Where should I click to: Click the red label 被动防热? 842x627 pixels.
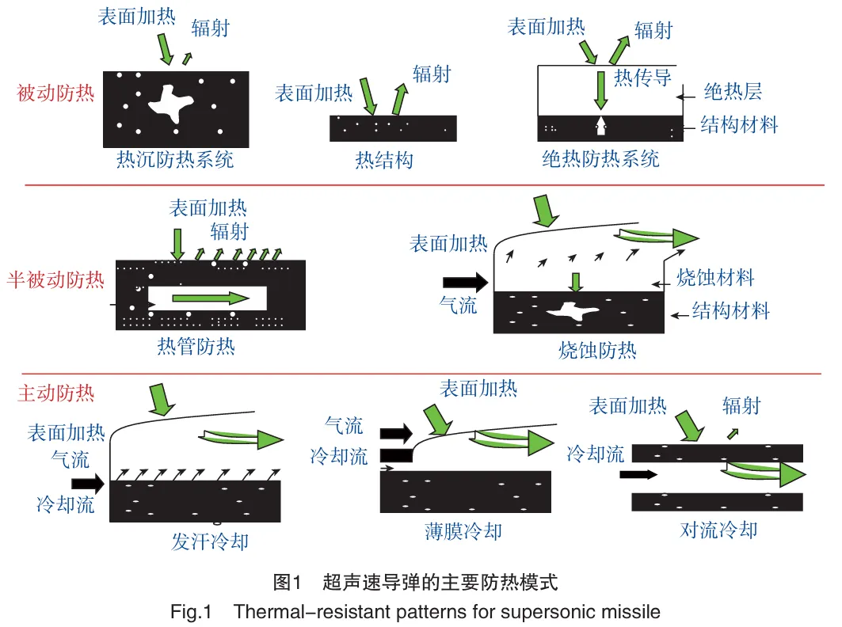tap(56, 93)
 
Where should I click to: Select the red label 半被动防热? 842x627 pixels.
tap(56, 279)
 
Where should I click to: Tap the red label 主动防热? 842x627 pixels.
tap(56, 393)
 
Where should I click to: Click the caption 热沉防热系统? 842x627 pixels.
tap(175, 159)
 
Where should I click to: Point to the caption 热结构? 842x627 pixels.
tap(384, 160)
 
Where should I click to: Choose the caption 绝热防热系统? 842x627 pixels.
tap(601, 159)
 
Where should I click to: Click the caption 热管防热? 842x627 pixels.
tap(196, 346)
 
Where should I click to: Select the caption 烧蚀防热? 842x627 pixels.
tap(597, 350)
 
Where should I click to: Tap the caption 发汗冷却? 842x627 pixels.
tap(210, 541)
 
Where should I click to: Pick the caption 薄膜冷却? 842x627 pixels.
tap(463, 531)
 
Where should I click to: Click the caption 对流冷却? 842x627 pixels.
tap(718, 530)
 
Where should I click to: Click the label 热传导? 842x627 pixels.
tap(642, 78)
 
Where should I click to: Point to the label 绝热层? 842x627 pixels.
tap(733, 92)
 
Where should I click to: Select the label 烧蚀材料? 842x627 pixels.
tap(715, 278)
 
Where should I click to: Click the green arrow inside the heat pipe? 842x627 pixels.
tap(211, 298)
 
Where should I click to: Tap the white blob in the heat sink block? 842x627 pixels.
tap(170, 104)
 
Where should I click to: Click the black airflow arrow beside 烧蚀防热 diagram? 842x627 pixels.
tap(465, 283)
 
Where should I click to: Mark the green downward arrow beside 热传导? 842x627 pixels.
tap(601, 89)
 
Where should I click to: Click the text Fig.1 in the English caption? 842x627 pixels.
tap(191, 612)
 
